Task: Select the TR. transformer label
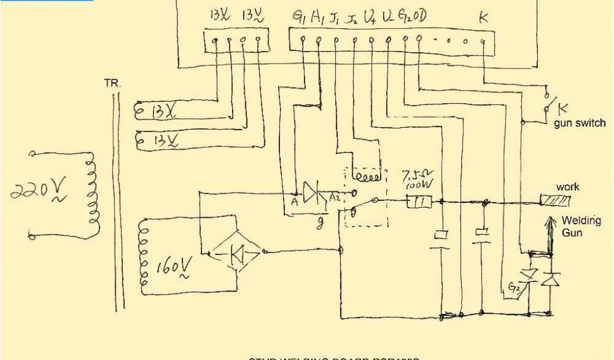tap(112, 85)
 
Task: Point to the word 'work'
tap(567, 187)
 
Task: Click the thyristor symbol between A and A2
tap(312, 193)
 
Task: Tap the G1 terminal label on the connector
tap(297, 19)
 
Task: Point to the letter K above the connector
tap(484, 19)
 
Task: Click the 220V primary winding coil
tap(92, 193)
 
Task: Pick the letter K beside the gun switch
tap(563, 109)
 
